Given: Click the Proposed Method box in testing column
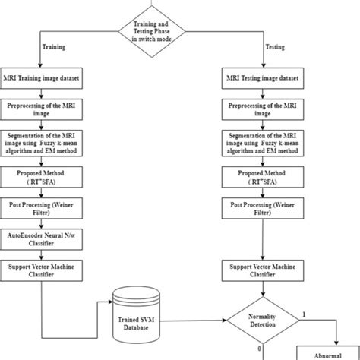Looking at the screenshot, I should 262,176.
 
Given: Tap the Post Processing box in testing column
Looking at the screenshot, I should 262,209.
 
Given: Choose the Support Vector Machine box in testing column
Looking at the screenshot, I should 262,272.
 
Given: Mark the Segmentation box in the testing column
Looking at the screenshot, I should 262,143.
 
